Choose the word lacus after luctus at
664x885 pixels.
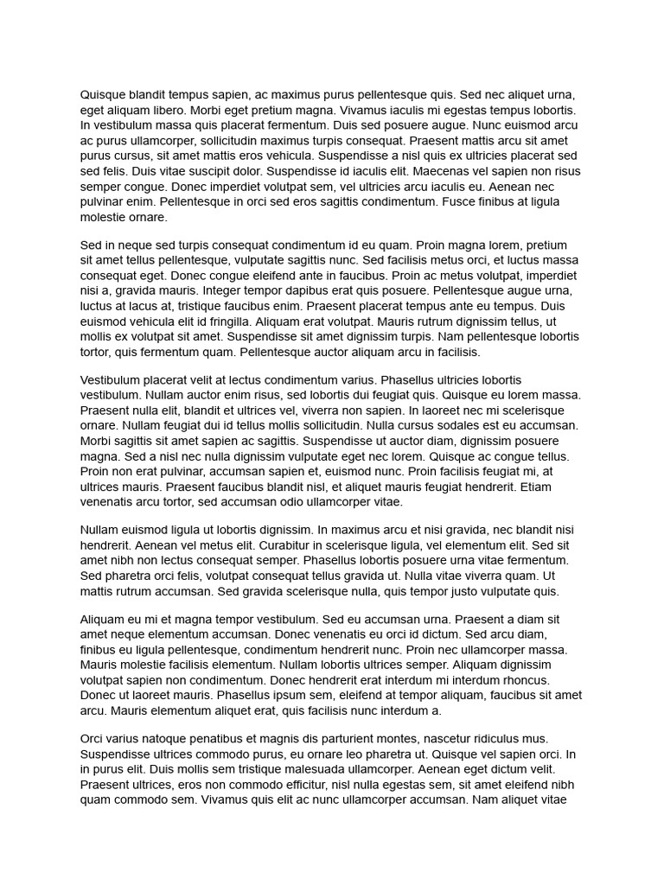pyautogui.click(x=150, y=306)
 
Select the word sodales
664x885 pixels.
pyautogui.click(x=459, y=425)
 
